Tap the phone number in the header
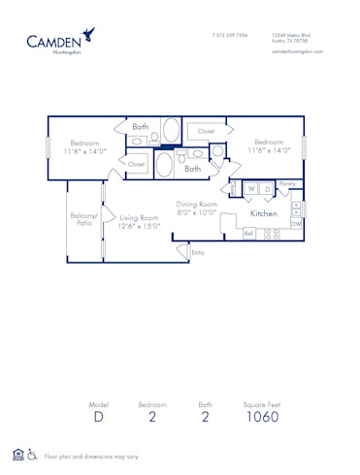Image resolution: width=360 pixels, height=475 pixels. point(229,35)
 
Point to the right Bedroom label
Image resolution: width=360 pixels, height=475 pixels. point(269,147)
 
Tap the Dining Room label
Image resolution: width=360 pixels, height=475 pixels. point(196,207)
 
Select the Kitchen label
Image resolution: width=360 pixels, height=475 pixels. point(264,212)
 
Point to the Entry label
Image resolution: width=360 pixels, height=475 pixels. point(198,252)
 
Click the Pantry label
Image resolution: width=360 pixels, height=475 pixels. point(287,182)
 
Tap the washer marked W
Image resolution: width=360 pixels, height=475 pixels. point(251,189)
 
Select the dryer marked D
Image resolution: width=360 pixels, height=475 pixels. point(267,189)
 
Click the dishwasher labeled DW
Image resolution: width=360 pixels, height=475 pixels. point(296,224)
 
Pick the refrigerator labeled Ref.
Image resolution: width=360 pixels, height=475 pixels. point(249,234)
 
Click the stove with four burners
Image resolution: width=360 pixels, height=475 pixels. point(272,234)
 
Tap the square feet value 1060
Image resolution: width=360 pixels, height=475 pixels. point(261,418)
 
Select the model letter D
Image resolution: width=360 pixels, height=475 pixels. point(98,418)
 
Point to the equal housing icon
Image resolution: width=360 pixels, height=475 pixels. point(17,455)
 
